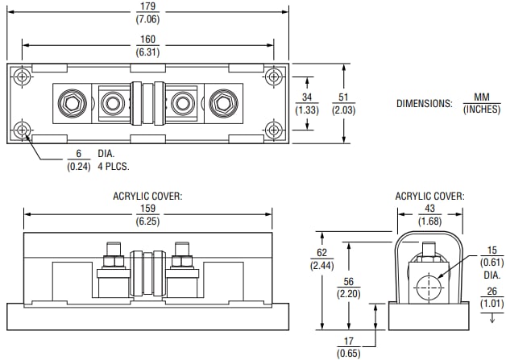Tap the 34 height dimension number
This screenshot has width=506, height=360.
tap(305, 81)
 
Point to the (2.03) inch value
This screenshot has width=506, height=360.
tap(344, 110)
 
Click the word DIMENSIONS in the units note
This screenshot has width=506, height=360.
tap(425, 103)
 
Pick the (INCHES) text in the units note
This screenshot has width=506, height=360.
tap(481, 109)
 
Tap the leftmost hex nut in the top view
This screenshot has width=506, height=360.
tap(70, 103)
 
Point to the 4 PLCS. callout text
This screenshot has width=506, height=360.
tap(113, 167)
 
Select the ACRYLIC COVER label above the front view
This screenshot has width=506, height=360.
tap(148, 197)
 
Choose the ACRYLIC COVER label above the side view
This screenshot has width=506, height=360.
tap(429, 197)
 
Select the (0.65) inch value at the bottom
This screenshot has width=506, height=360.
tap(349, 353)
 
